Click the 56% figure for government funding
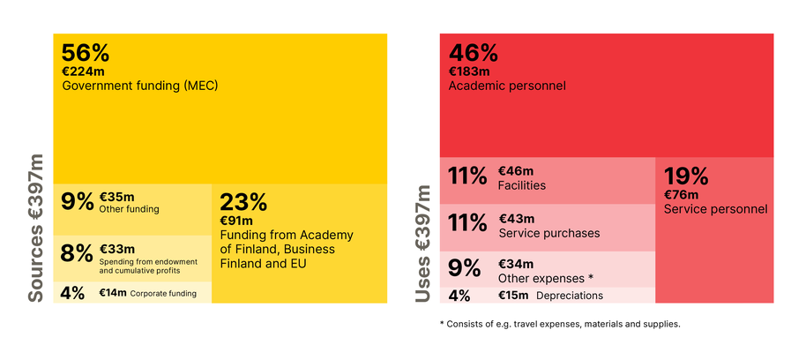tap(86, 53)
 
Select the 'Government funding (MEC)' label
tap(139, 86)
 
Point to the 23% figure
tap(243, 202)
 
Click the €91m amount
tap(236, 221)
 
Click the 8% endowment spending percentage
tap(76, 253)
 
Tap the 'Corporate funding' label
tap(164, 292)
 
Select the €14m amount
tap(112, 292)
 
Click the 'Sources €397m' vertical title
tap(35, 228)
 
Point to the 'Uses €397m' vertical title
tap(422, 243)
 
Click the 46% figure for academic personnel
tap(474, 53)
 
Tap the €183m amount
tap(468, 71)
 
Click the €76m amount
tap(681, 195)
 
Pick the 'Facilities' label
tap(522, 185)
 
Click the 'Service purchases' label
tap(549, 233)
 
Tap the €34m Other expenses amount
tap(516, 264)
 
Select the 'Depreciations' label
tap(570, 296)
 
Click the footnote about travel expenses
tap(559, 324)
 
